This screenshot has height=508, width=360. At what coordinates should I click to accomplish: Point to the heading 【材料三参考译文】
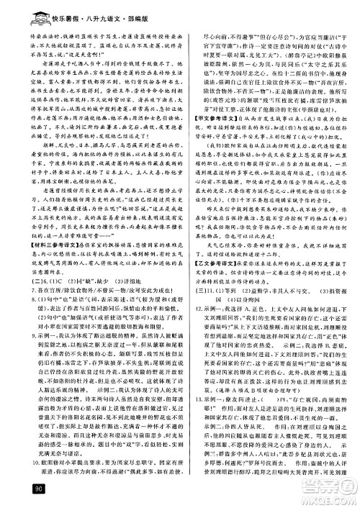[48, 222]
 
